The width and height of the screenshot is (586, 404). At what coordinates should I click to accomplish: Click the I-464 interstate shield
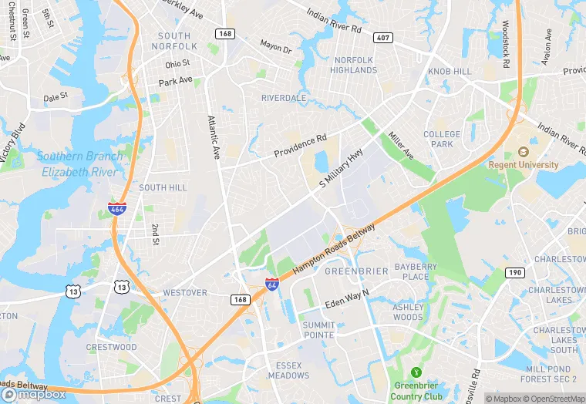click(x=118, y=207)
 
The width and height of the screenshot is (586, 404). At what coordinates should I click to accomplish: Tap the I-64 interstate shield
click(x=271, y=284)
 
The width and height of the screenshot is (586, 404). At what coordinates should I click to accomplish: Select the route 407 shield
click(x=383, y=38)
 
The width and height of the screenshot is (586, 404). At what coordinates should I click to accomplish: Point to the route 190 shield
click(x=514, y=272)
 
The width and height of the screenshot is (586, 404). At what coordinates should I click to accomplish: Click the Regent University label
click(x=524, y=164)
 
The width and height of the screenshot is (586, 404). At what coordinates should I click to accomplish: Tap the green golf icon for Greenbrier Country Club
click(x=416, y=372)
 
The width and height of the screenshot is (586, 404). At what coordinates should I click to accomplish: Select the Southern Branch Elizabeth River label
click(x=79, y=164)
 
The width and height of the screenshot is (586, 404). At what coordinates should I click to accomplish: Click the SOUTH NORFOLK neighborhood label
click(x=173, y=41)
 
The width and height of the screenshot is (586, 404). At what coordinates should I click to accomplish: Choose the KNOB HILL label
click(x=450, y=71)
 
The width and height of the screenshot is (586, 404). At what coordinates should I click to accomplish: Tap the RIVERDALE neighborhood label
click(x=284, y=98)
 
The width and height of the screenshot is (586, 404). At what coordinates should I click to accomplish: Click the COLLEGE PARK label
click(x=442, y=139)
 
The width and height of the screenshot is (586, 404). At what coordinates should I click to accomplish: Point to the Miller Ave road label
click(x=401, y=145)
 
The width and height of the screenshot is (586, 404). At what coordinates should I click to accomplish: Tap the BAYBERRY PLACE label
click(x=416, y=271)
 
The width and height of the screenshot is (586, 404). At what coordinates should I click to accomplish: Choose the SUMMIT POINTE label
click(x=318, y=331)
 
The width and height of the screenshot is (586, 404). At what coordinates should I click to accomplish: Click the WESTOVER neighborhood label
click(x=185, y=293)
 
